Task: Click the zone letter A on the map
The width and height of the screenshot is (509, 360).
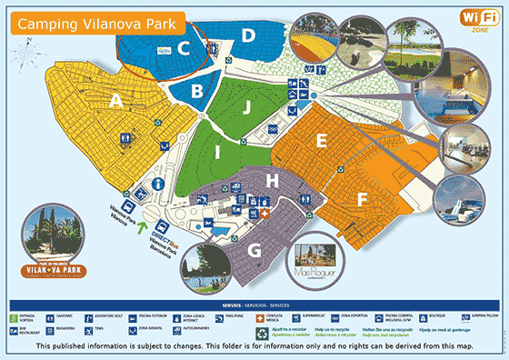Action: coord(115,102)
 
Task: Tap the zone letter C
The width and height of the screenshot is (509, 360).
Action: coord(184,49)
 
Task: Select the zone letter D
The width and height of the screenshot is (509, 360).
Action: coord(247,36)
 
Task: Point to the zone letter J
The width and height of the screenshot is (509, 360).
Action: coord(245,106)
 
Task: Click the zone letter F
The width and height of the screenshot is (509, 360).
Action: coord(362,198)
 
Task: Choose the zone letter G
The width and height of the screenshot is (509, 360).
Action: coord(254,248)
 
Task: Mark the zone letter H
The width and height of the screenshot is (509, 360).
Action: coord(272,180)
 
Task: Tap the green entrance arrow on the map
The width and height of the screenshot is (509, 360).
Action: coord(139,215)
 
